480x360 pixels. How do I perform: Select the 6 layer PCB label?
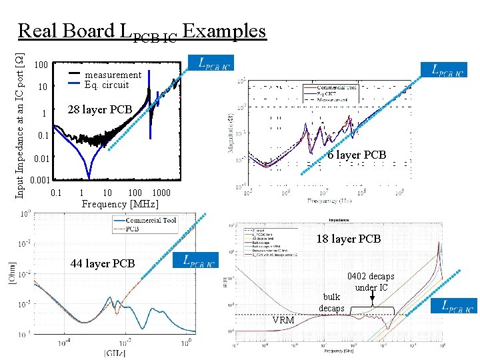[x=357, y=155]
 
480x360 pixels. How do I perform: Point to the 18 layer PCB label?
[x=348, y=239]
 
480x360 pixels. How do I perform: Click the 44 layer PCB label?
[x=103, y=263]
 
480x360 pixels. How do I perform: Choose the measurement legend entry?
[x=113, y=75]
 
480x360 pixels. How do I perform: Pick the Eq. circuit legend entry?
[x=107, y=85]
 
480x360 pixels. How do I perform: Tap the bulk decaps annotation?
[x=331, y=302]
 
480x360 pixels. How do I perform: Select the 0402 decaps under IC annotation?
[x=370, y=281]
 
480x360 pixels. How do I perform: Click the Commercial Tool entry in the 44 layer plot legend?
[x=151, y=220]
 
